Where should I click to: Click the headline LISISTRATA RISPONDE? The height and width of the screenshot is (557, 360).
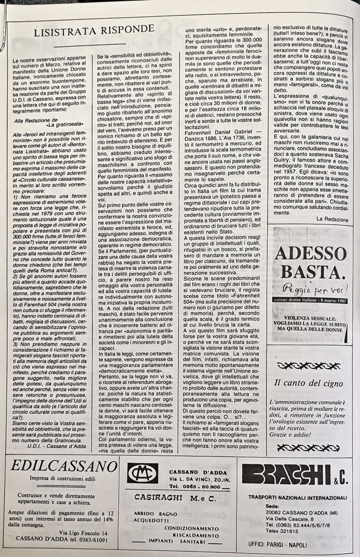(94, 29)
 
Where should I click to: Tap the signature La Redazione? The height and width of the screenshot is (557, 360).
(332, 219)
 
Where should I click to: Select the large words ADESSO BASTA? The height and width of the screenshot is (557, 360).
(310, 262)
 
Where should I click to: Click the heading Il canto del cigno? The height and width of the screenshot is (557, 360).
(308, 383)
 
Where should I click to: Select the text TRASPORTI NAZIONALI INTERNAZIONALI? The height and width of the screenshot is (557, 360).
(297, 498)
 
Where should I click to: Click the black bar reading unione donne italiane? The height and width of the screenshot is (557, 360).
(310, 301)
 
